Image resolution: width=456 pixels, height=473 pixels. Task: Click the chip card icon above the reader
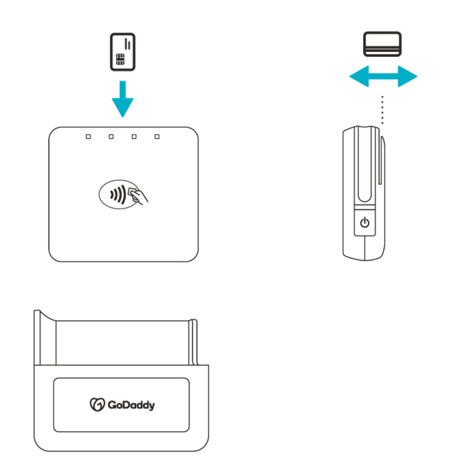(x=123, y=52)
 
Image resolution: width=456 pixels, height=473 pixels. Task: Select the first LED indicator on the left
(x=88, y=137)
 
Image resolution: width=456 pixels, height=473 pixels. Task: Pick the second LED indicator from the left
(x=111, y=137)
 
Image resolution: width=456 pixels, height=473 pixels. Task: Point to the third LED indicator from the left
(x=134, y=137)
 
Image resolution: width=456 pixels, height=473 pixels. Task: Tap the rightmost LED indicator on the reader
(x=157, y=137)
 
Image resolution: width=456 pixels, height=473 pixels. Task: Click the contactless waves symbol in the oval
(x=116, y=194)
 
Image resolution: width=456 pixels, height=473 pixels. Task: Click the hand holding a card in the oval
(x=138, y=196)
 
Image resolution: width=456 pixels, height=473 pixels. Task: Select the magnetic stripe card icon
(x=382, y=44)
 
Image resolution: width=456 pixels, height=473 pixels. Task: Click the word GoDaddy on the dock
(x=130, y=405)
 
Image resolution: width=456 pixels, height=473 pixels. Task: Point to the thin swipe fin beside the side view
(x=382, y=161)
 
